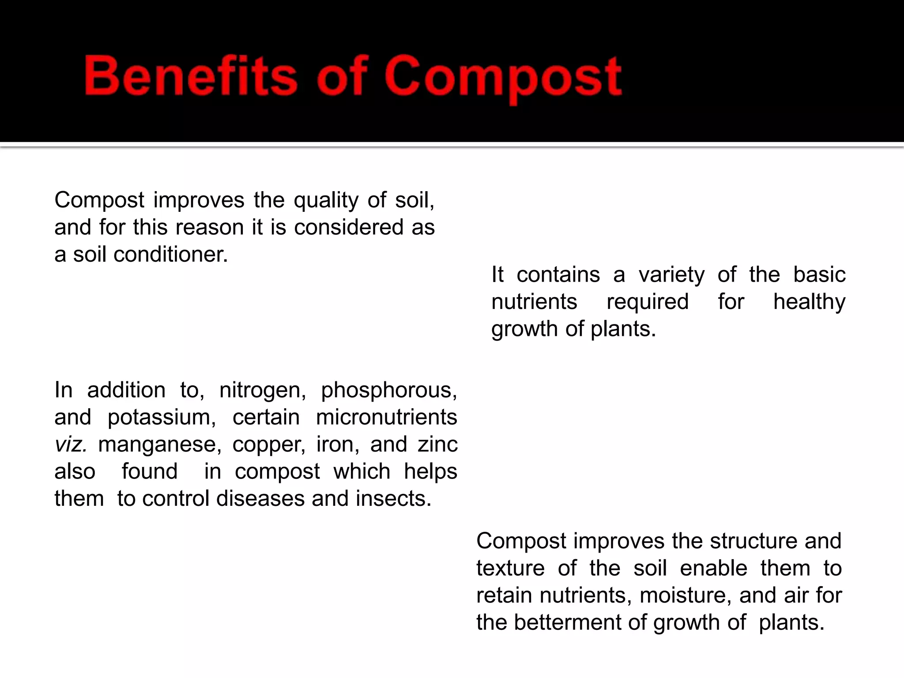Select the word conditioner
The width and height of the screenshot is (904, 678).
coord(170,255)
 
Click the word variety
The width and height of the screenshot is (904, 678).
coord(671,275)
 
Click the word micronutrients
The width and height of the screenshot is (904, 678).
coord(386,418)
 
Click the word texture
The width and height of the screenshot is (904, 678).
coord(510,569)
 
